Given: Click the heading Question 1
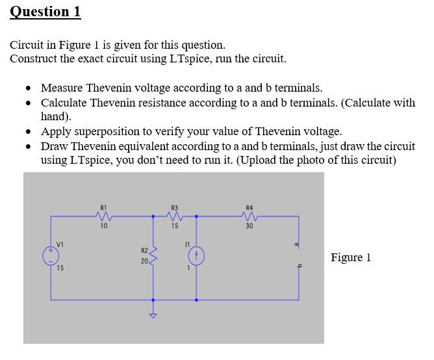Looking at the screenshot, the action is (45, 12).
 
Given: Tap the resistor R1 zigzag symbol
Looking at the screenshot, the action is (103, 216).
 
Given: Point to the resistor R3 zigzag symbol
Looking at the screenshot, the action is (174, 216).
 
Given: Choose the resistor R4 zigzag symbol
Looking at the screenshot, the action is (249, 216).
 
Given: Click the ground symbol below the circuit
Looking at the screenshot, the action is (153, 316).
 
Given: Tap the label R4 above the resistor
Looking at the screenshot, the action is (249, 208).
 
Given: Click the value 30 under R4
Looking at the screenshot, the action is (249, 226).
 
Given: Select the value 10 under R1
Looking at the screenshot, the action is (103, 226).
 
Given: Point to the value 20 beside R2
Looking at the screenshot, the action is (144, 261).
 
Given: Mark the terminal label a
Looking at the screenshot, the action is (297, 244).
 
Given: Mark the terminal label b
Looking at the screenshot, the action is (297, 265).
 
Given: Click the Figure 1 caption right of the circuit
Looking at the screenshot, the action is (351, 257).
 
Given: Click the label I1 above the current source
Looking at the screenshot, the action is (186, 244).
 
